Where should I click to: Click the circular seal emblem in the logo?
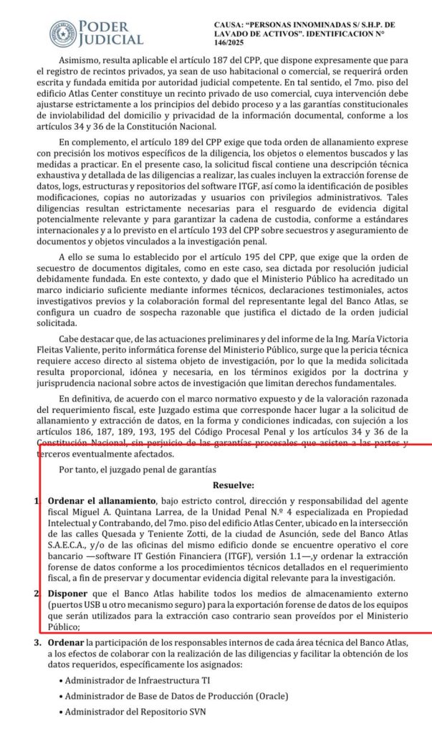click(x=63, y=34)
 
